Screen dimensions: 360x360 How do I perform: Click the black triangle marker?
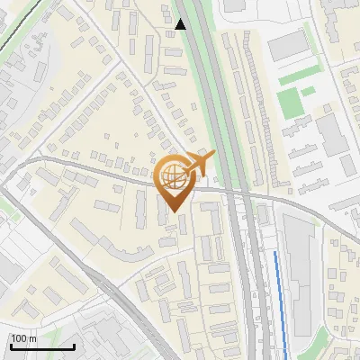pyautogui.click(x=182, y=24)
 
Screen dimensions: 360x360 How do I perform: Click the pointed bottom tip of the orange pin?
pyautogui.click(x=175, y=211)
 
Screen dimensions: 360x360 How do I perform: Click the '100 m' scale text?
pyautogui.click(x=24, y=338)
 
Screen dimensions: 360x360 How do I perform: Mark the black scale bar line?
pyautogui.click(x=42, y=346)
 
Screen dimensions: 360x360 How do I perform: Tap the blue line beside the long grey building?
pyautogui.click(x=280, y=297)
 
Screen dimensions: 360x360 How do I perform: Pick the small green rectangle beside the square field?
pyautogui.click(x=308, y=91)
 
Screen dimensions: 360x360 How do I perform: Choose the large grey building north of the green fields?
pyautogui.click(x=288, y=45)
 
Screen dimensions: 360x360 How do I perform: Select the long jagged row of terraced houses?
pyautogui.click(x=257, y=108)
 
